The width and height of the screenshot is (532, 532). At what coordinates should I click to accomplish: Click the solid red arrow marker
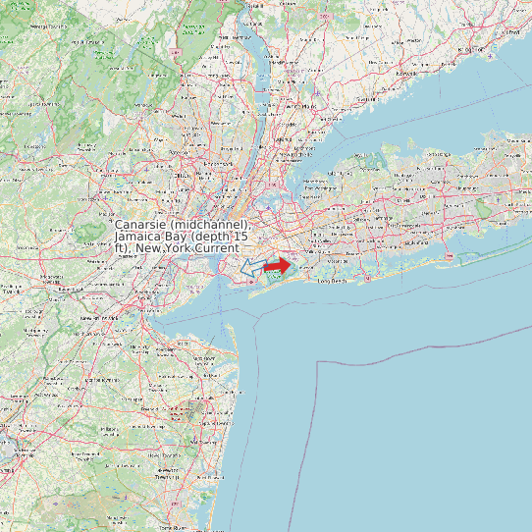coord(278,265)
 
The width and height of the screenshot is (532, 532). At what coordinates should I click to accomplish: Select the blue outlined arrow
coord(252,267)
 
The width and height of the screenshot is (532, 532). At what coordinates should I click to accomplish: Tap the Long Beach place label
coord(335,281)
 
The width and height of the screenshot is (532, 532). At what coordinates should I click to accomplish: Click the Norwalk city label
coord(405,73)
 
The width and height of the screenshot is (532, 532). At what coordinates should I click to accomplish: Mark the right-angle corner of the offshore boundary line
coord(317,362)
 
